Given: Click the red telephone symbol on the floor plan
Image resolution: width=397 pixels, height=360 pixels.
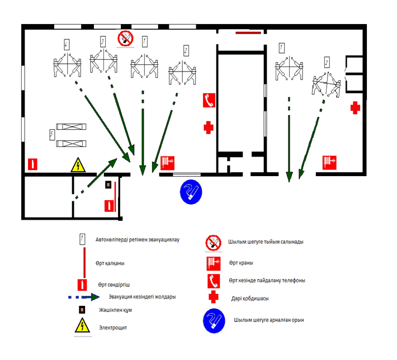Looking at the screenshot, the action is (x=209, y=100).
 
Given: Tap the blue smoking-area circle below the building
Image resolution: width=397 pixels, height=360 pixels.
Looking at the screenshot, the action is (x=191, y=192).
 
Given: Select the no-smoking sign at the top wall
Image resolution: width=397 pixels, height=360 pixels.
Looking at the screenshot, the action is (x=125, y=39).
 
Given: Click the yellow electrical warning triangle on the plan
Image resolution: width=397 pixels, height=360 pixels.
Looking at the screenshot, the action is (x=78, y=165).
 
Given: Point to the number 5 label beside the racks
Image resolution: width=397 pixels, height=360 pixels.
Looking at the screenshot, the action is (x=52, y=134).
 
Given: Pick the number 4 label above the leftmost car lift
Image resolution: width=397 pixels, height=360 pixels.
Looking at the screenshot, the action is (x=67, y=45).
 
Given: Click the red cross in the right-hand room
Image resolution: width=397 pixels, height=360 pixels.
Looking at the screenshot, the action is (x=355, y=108).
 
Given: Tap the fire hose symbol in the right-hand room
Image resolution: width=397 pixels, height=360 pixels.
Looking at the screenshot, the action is (x=329, y=163).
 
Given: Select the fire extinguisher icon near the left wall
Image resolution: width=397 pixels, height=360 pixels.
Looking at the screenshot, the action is (x=32, y=164).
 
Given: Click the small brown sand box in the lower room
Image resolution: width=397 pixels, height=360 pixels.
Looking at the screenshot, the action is (x=108, y=184).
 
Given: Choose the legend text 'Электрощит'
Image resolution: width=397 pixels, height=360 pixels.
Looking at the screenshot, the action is (x=113, y=328).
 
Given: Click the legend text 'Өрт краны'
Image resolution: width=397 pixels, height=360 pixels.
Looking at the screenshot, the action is (x=241, y=263).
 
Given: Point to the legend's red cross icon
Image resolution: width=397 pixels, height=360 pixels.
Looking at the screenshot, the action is (x=214, y=297).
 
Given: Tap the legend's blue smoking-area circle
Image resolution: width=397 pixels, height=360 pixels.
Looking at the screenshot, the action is (x=214, y=320).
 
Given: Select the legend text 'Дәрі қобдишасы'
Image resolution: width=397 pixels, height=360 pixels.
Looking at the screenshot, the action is (x=250, y=299).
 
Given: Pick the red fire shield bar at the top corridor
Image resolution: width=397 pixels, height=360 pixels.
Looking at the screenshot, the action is (x=248, y=32).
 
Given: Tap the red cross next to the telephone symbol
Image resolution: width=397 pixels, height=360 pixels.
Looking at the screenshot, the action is (x=209, y=127).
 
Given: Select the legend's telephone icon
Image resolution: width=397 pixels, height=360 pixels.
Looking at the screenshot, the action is (x=214, y=281).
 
